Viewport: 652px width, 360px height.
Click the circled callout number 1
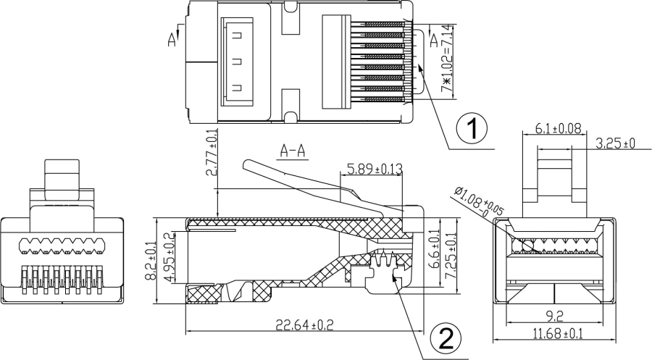(472, 129)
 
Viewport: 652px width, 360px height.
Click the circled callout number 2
(445, 339)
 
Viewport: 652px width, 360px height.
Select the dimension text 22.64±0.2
(305, 325)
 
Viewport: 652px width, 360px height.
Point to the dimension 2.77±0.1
(212, 153)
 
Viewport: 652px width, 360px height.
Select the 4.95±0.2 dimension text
(170, 258)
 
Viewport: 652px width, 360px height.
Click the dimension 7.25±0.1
(451, 254)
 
